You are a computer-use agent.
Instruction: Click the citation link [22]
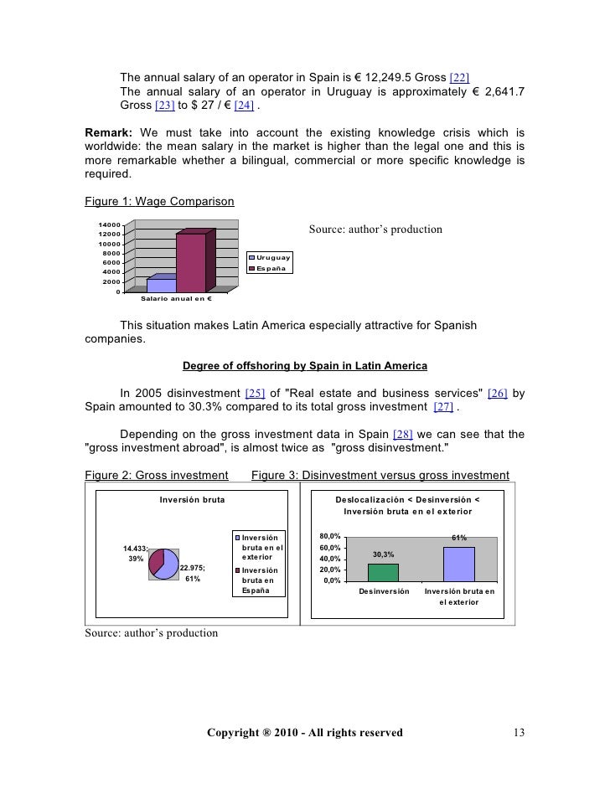pyautogui.click(x=466, y=79)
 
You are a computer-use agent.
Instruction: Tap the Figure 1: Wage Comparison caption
pyautogui.click(x=159, y=201)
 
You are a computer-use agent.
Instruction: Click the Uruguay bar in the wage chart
pyautogui.click(x=161, y=285)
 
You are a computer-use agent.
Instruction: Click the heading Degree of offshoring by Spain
pyautogui.click(x=304, y=366)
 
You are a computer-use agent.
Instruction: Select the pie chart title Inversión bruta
pyautogui.click(x=192, y=500)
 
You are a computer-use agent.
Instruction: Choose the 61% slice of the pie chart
pyautogui.click(x=169, y=565)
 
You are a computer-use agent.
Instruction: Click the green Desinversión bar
pyautogui.click(x=383, y=571)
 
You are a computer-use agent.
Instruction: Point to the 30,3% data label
pyautogui.click(x=383, y=554)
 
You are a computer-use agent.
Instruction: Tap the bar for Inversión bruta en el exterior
pyautogui.click(x=458, y=563)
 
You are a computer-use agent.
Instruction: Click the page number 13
pyautogui.click(x=519, y=733)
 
